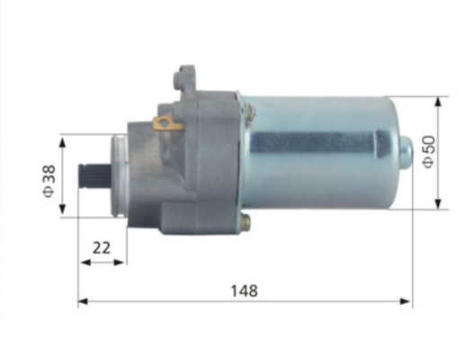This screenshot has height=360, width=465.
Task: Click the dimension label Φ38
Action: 49,181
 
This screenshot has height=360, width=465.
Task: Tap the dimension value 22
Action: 102,247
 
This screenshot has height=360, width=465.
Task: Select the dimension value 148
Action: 244,291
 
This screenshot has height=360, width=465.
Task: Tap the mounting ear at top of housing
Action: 187,75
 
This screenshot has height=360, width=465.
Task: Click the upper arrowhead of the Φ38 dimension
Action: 62,141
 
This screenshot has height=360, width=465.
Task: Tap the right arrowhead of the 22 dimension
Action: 123,262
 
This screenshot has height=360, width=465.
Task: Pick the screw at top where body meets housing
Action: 249,110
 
